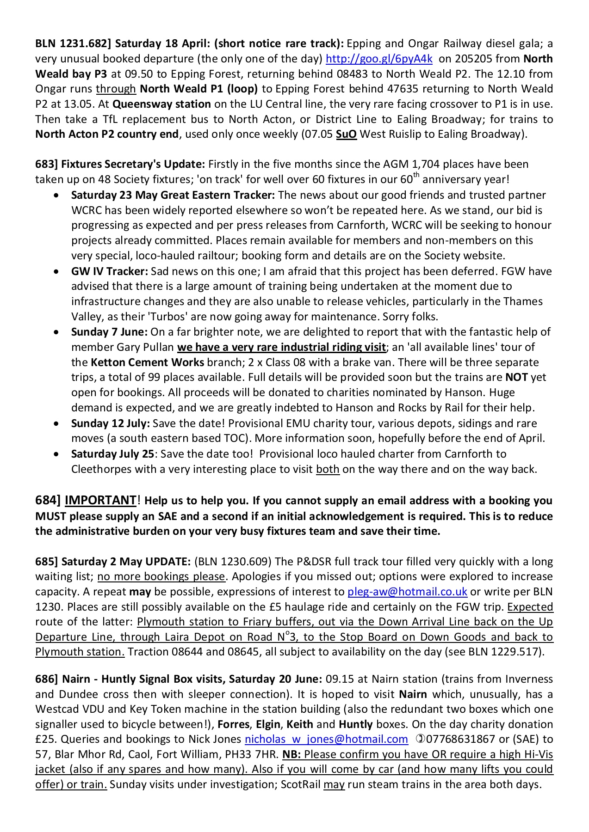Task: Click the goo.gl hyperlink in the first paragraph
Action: point(379,59)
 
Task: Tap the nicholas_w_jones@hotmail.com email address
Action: point(326,739)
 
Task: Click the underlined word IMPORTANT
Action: point(100,501)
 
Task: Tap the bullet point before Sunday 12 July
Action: point(56,423)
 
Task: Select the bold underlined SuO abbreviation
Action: point(346,134)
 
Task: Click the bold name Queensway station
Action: point(161,104)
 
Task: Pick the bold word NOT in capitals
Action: point(516,377)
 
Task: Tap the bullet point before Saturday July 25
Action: point(56,454)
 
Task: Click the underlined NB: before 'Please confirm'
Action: point(291,754)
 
